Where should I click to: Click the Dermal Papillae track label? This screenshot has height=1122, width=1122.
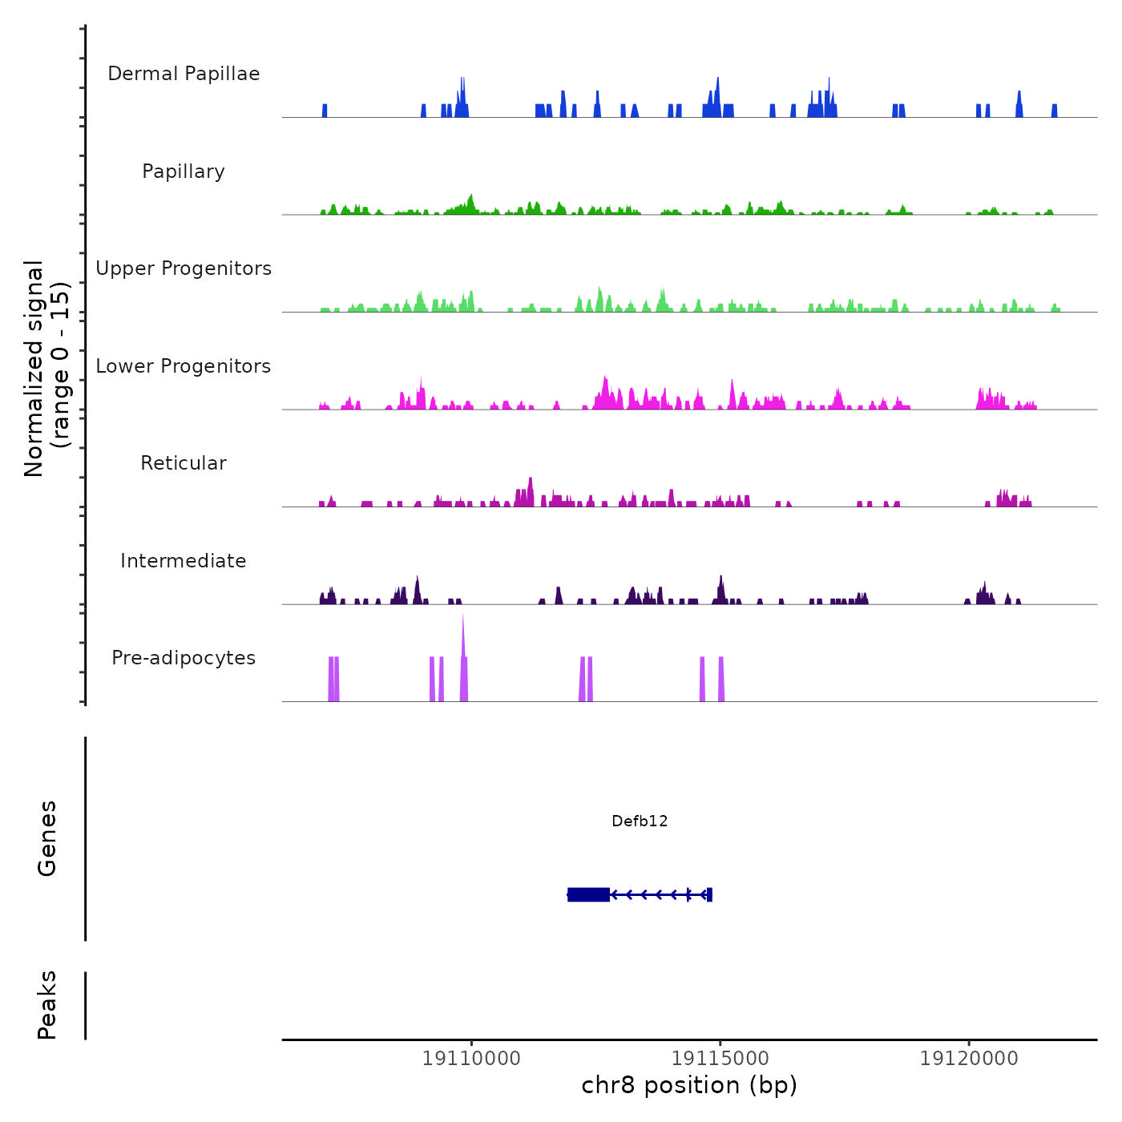pyautogui.click(x=184, y=74)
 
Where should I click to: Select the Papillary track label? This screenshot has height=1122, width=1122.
pyautogui.click(x=184, y=172)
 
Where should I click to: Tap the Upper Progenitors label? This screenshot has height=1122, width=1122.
pyautogui.click(x=184, y=268)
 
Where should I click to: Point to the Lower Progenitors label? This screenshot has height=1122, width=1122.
pyautogui.click(x=184, y=366)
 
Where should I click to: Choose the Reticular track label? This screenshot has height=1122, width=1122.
pyautogui.click(x=184, y=463)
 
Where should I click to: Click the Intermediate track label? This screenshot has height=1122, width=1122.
pyautogui.click(x=184, y=561)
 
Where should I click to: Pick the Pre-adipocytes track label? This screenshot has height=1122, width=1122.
pyautogui.click(x=184, y=658)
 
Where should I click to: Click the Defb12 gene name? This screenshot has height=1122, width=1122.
pyautogui.click(x=640, y=821)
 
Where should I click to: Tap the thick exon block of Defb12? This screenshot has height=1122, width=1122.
pyautogui.click(x=588, y=894)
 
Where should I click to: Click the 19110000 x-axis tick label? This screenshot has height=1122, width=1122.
pyautogui.click(x=471, y=1059)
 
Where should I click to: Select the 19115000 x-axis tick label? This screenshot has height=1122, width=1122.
pyautogui.click(x=720, y=1059)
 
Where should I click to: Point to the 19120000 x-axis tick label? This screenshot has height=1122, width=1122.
pyautogui.click(x=969, y=1059)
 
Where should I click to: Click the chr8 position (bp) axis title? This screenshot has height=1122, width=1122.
pyautogui.click(x=689, y=1085)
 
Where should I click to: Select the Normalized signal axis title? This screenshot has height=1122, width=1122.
pyautogui.click(x=46, y=368)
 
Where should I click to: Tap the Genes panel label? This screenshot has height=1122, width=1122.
pyautogui.click(x=47, y=838)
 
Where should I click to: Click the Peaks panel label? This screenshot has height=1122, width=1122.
pyautogui.click(x=47, y=1005)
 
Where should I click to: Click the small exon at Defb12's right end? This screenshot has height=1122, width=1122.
pyautogui.click(x=709, y=894)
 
